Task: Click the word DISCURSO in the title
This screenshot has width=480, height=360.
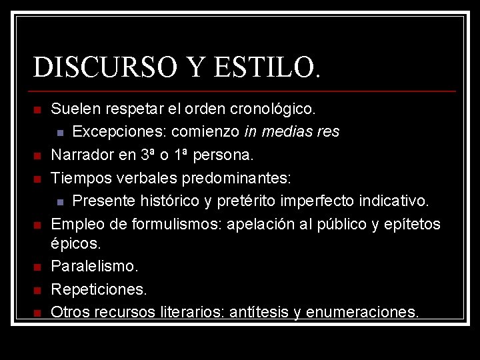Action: click(93, 67)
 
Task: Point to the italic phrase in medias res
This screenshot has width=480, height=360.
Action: click(292, 131)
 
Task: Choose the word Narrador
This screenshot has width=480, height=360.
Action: click(84, 155)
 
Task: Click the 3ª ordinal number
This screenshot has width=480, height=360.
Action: click(149, 155)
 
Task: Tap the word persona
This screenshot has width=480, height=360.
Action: click(223, 155)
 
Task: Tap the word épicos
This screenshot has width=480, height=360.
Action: click(75, 244)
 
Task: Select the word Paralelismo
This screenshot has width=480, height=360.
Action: click(95, 267)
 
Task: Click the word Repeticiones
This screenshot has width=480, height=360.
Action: click(99, 289)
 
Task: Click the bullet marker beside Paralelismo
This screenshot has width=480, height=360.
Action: click(38, 267)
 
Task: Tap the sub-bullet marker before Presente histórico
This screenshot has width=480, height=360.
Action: click(60, 201)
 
